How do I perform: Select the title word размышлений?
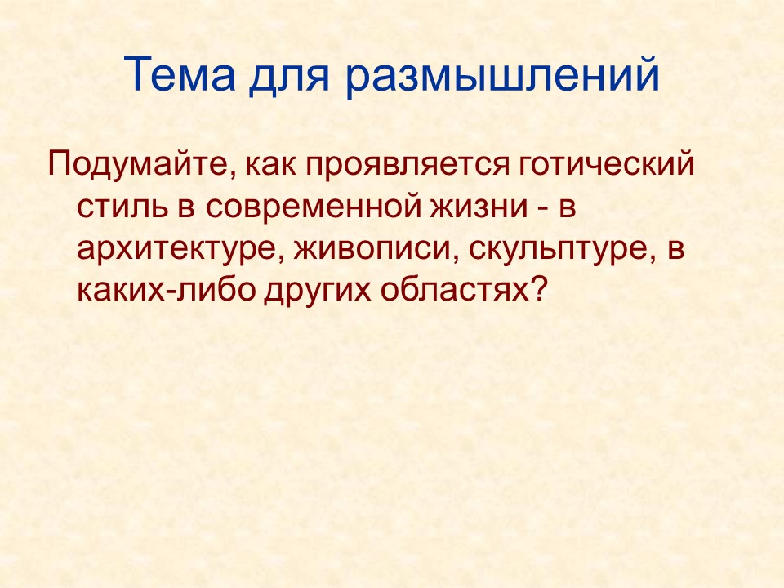point(501,77)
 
